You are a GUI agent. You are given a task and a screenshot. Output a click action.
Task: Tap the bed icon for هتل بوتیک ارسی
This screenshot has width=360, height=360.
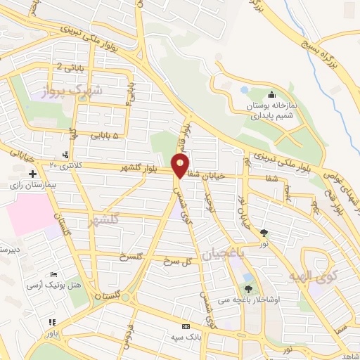(x=54, y=274)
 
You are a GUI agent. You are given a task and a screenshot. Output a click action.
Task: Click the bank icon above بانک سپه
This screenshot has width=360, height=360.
(x=186, y=327)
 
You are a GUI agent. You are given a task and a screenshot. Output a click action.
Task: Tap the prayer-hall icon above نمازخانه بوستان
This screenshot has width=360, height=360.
(x=272, y=95)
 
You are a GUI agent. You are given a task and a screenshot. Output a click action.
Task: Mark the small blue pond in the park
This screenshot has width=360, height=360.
(x=244, y=90)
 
